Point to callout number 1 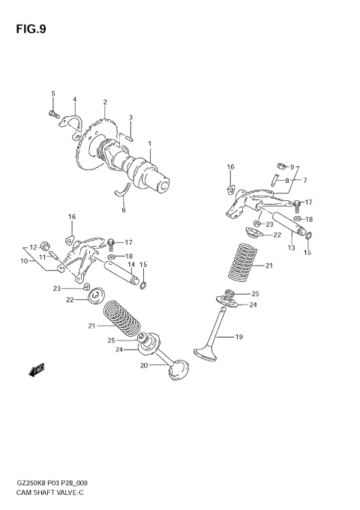pos(149,144)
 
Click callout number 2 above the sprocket pos(105,103)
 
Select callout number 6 pos(124,211)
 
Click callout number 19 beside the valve pos(239,337)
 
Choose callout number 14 pos(130,265)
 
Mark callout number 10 pos(23,260)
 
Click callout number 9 pos(293,167)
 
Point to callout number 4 pos(75,99)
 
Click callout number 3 pos(130,117)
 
